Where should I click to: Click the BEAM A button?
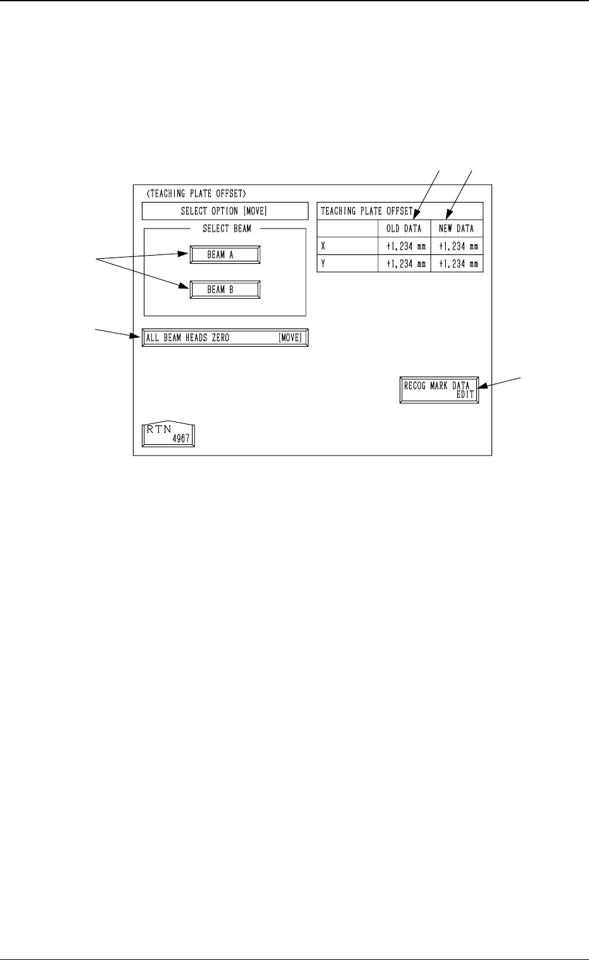click(225, 255)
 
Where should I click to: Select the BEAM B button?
click(225, 290)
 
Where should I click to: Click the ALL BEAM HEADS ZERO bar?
click(225, 338)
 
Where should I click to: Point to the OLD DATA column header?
click(403, 228)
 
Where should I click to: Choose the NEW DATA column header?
click(456, 228)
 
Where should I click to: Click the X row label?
click(323, 246)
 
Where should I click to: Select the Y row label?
click(323, 263)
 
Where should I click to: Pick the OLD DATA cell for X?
click(404, 246)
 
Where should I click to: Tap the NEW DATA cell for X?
click(457, 246)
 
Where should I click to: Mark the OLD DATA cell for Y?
click(404, 263)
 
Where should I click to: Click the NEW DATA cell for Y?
click(457, 263)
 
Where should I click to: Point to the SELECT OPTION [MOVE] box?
click(225, 211)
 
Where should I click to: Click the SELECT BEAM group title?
click(227, 229)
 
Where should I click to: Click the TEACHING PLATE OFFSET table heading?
click(367, 211)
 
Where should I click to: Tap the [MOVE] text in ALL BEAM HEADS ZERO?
click(290, 338)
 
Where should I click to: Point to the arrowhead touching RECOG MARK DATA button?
click(481, 385)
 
